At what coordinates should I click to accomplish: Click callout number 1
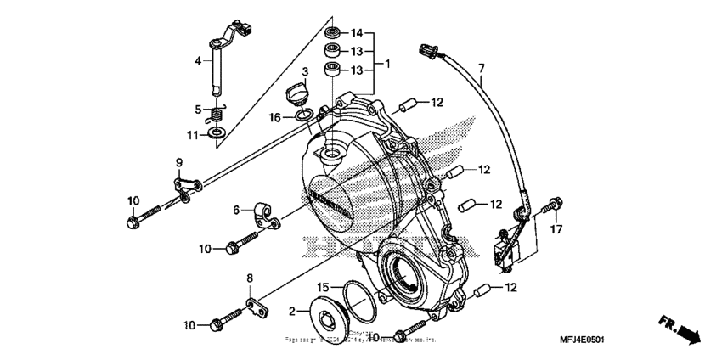pos(388,65)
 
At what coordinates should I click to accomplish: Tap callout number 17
pos(556,228)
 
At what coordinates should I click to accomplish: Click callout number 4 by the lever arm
pos(197,60)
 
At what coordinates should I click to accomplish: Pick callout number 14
pos(357,33)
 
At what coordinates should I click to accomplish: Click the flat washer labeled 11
pos(217,133)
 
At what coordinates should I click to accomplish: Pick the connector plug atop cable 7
pos(426,53)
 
